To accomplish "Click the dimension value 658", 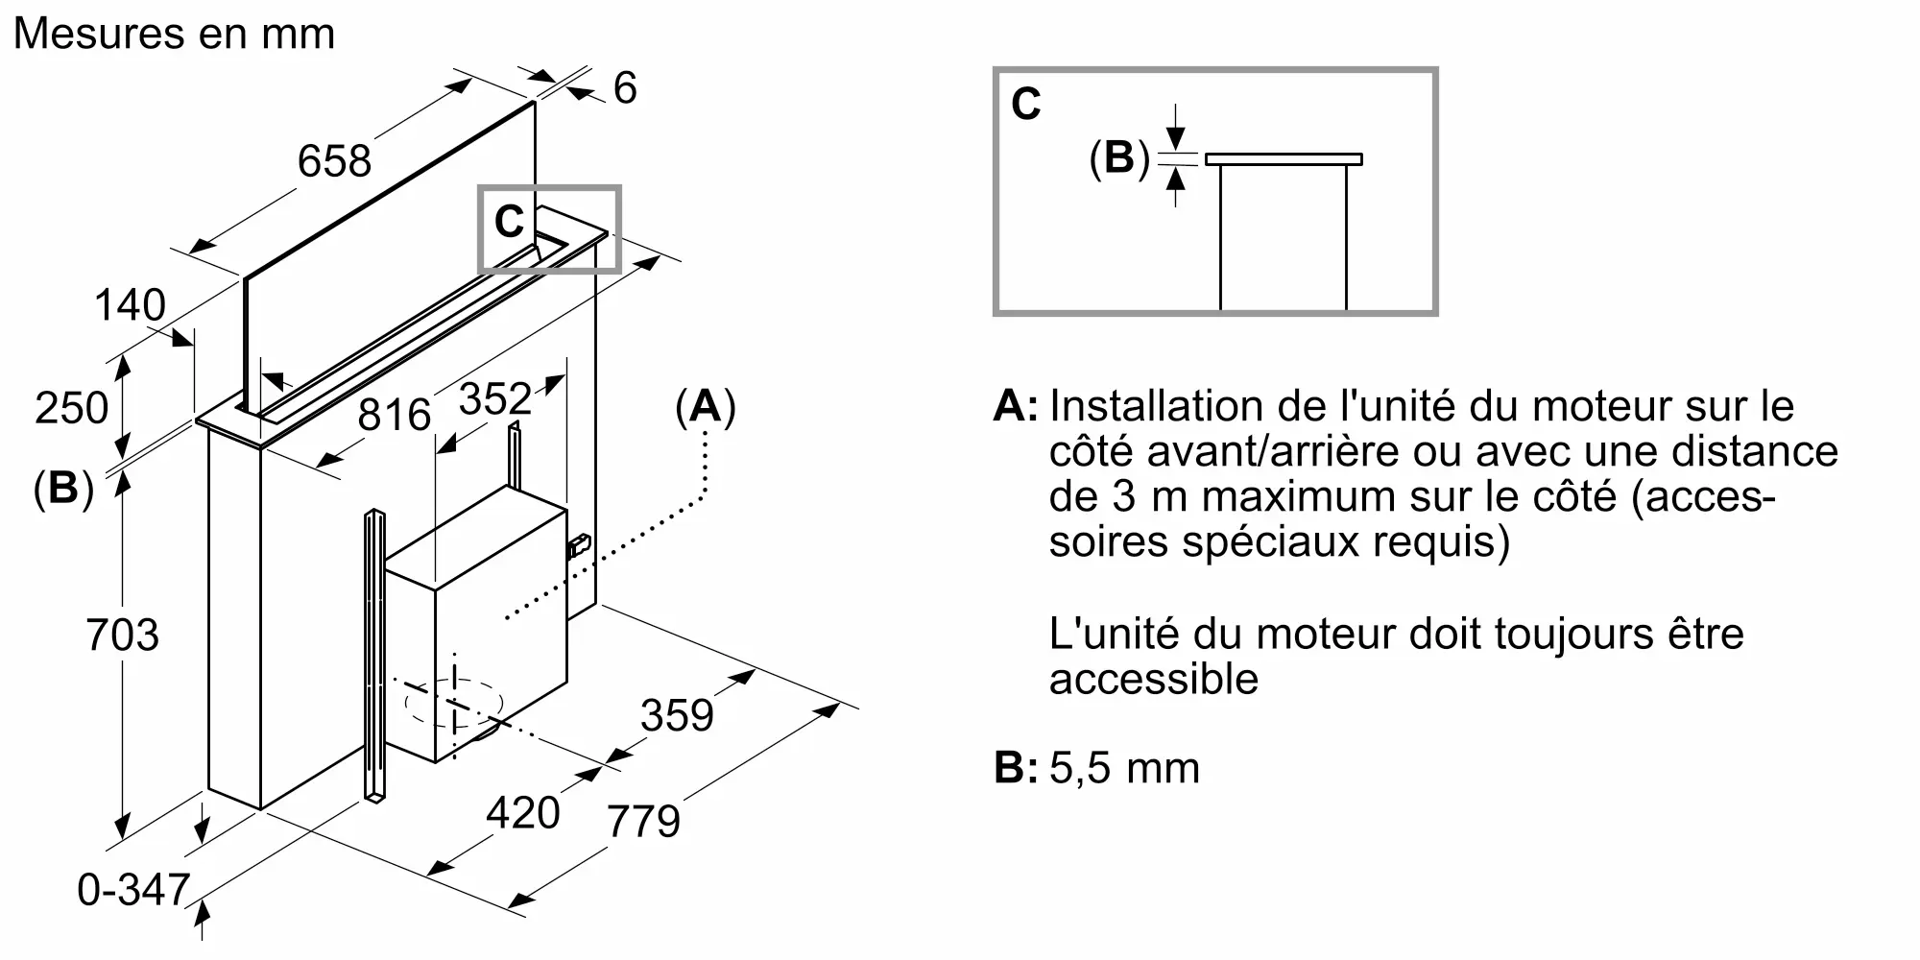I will click(x=334, y=161).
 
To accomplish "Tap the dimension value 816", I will click(x=394, y=415).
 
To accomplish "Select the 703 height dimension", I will click(x=122, y=636).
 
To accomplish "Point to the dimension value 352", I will click(x=494, y=399).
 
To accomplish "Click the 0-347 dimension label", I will click(x=133, y=890).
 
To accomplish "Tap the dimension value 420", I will click(x=522, y=813).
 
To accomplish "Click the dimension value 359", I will click(x=677, y=716).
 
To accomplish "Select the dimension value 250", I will click(x=71, y=408).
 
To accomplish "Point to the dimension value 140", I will click(x=130, y=306).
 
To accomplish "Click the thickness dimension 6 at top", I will click(x=625, y=88).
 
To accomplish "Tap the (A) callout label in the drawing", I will click(x=706, y=407).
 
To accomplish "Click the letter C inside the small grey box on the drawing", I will click(x=509, y=223).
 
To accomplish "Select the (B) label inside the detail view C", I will click(x=1119, y=157).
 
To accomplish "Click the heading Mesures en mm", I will click(x=175, y=34).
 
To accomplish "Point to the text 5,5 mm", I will click(x=1124, y=768).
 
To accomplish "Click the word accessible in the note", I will click(x=1153, y=680).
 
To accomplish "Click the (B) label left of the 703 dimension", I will click(x=63, y=489).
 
